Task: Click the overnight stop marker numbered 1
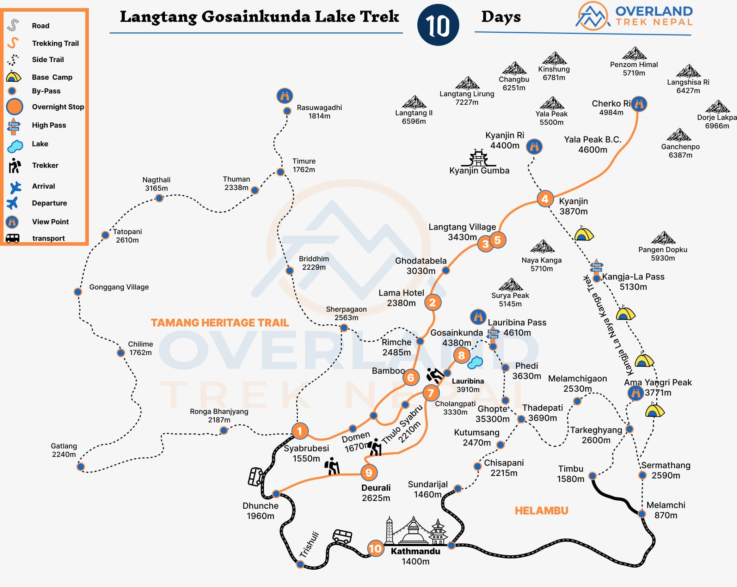pos(300,431)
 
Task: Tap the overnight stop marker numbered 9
pos(369,472)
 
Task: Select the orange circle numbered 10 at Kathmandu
pos(375,548)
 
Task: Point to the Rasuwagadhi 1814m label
pos(319,112)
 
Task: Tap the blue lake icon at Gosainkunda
pos(475,362)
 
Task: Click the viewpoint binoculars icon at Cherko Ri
pos(639,104)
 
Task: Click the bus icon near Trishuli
pos(342,536)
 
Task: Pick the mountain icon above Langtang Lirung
pos(467,83)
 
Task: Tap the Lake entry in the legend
pos(40,144)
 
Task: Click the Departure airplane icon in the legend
pos(13,203)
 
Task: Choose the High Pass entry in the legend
pos(49,125)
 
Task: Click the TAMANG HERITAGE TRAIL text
pos(220,323)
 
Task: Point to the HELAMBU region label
pos(541,510)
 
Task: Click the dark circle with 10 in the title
pos(438,25)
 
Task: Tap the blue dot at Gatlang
pos(81,467)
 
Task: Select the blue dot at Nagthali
pos(159,198)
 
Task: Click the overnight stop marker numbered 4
pos(545,199)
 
